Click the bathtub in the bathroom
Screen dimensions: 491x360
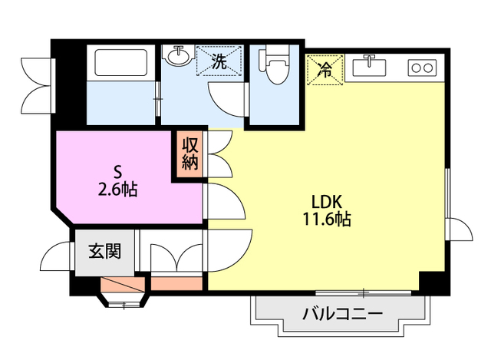[x=121, y=63]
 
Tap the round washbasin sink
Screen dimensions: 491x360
[x=179, y=56]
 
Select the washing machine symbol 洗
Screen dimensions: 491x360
[x=219, y=61]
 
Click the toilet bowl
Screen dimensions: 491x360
[x=275, y=65]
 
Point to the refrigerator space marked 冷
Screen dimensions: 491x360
[x=325, y=70]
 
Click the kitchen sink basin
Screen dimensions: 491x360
[x=370, y=67]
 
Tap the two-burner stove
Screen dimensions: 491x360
[x=422, y=68]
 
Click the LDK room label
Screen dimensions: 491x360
[x=326, y=202]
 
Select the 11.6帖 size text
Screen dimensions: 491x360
[x=326, y=219]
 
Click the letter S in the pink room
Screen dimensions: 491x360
[x=117, y=172]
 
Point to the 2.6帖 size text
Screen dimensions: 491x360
[x=117, y=190]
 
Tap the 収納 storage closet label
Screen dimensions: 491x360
[x=190, y=154]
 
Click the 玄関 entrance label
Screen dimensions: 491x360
[x=104, y=251]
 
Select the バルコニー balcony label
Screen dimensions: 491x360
[x=342, y=313]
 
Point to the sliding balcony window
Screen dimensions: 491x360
[x=363, y=293]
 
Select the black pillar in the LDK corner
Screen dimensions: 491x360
[x=433, y=283]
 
